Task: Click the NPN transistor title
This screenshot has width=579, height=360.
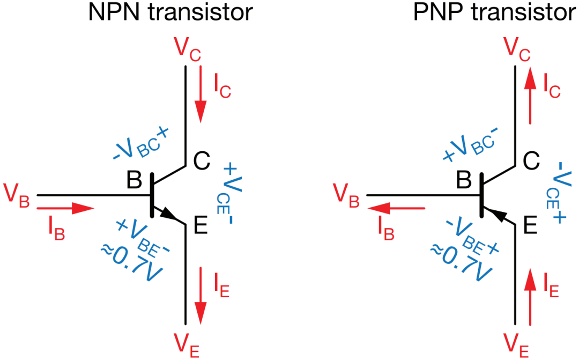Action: (170, 12)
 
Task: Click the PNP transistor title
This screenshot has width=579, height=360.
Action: (495, 12)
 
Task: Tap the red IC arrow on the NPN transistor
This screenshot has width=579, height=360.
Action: (201, 94)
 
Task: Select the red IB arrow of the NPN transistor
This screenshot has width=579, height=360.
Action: (66, 209)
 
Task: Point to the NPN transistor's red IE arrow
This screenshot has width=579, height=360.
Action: (201, 296)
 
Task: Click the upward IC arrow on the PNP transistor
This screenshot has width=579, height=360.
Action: (530, 95)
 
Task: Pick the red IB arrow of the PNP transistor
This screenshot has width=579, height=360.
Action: (396, 209)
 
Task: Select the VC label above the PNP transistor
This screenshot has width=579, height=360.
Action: (517, 49)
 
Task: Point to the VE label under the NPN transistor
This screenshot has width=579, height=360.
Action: (187, 345)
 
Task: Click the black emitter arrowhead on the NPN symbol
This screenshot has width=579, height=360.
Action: (168, 214)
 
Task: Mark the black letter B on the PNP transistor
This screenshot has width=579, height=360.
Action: (463, 180)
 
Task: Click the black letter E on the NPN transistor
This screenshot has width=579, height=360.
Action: (201, 225)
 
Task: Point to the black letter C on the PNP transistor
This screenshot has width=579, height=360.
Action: (531, 160)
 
